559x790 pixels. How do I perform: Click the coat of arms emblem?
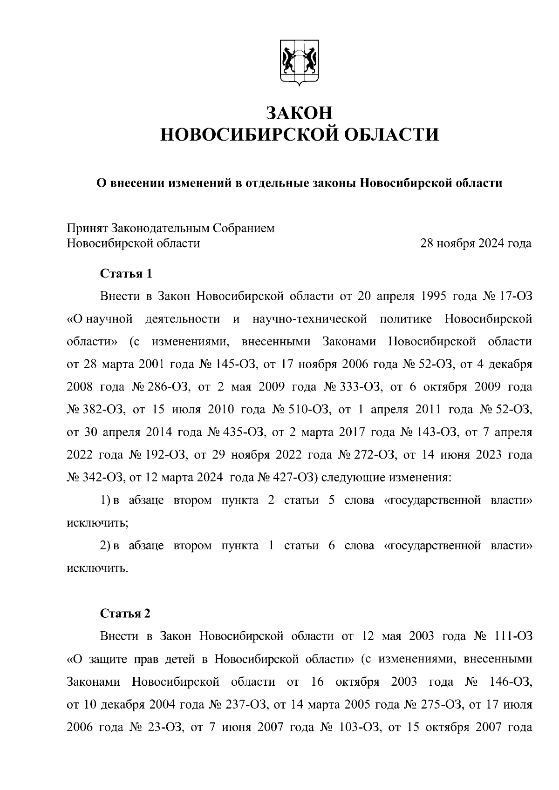(299, 63)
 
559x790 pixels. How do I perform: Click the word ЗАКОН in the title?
(299, 113)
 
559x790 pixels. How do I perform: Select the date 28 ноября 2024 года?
(476, 243)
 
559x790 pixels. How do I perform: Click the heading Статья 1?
(126, 273)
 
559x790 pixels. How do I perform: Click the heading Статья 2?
(126, 614)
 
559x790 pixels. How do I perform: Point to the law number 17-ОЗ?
(515, 296)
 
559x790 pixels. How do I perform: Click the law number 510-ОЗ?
(310, 410)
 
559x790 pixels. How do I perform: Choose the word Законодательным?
(161, 229)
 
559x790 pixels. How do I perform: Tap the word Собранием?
(244, 229)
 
